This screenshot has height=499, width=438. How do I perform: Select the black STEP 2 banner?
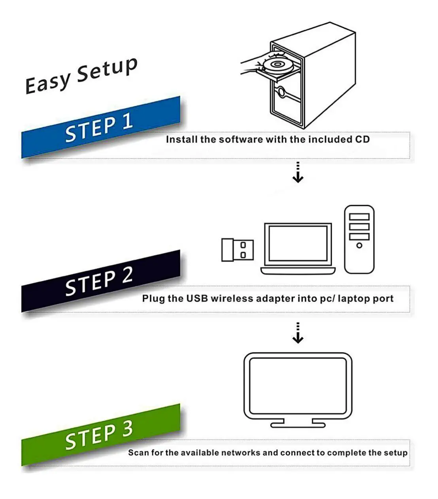click(99, 281)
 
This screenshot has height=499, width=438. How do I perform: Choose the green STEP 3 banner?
click(99, 435)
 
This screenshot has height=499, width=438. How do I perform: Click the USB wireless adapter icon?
click(237, 250)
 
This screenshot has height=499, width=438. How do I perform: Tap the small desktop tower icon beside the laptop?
click(359, 239)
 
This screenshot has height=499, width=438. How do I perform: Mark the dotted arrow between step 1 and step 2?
click(298, 172)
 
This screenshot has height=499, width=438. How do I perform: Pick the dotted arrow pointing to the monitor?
click(298, 333)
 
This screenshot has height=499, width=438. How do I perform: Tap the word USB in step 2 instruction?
click(197, 298)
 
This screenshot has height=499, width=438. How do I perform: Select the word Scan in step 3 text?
click(138, 453)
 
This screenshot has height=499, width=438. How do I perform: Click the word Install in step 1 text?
click(181, 139)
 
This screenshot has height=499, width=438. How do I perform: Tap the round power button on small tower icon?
click(359, 245)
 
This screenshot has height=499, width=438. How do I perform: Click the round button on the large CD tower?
click(281, 92)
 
